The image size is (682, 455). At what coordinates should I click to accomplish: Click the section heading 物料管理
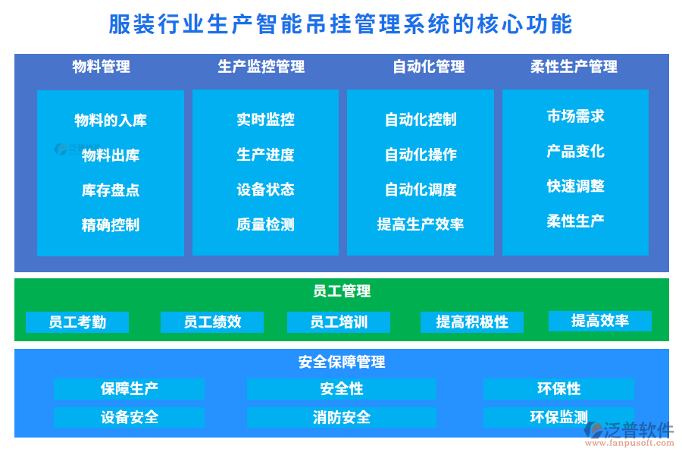click(101, 67)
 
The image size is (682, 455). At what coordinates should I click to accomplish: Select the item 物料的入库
click(111, 121)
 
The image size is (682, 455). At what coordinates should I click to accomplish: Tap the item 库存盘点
click(111, 190)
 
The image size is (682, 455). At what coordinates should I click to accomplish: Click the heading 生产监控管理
click(261, 67)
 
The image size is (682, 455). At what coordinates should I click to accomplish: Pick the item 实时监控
click(265, 120)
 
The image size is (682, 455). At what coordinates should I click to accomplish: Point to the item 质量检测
click(265, 224)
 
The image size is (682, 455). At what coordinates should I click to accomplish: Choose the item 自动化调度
click(421, 190)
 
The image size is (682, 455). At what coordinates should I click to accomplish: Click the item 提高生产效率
click(421, 224)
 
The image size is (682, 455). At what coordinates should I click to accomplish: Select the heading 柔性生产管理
click(574, 67)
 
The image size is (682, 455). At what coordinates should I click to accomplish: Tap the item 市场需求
click(575, 116)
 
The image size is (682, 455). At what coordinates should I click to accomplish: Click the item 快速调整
click(575, 186)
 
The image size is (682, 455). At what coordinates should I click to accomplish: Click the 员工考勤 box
click(77, 322)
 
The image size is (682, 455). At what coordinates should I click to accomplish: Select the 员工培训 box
click(339, 322)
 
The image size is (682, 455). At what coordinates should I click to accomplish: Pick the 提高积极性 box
click(472, 322)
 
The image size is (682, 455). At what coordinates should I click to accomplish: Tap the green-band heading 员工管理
click(341, 291)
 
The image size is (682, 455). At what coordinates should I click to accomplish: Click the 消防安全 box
click(341, 417)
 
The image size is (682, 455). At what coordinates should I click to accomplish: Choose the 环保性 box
click(558, 389)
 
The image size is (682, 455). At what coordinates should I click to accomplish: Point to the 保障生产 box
click(129, 389)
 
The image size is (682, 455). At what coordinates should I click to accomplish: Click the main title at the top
click(341, 24)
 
